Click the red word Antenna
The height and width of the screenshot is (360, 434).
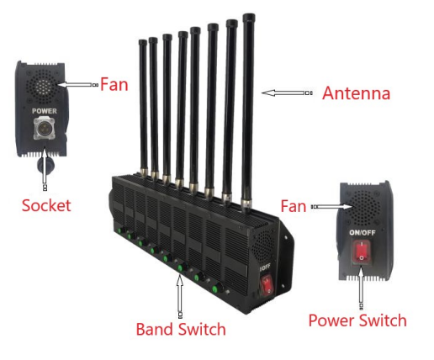[x=356, y=93]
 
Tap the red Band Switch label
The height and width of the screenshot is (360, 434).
[x=181, y=329]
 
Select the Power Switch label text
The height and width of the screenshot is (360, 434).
[x=357, y=320]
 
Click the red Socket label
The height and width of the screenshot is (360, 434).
[x=47, y=204]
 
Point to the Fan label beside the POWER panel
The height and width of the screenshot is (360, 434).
[x=114, y=84]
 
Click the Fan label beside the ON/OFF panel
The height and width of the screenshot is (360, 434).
[x=295, y=205]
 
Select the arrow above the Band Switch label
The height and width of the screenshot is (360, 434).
[x=180, y=296]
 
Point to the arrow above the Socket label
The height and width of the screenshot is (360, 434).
[x=43, y=172]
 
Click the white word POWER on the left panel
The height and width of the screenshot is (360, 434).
[x=44, y=110]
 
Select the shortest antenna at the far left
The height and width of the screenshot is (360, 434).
[x=142, y=105]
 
